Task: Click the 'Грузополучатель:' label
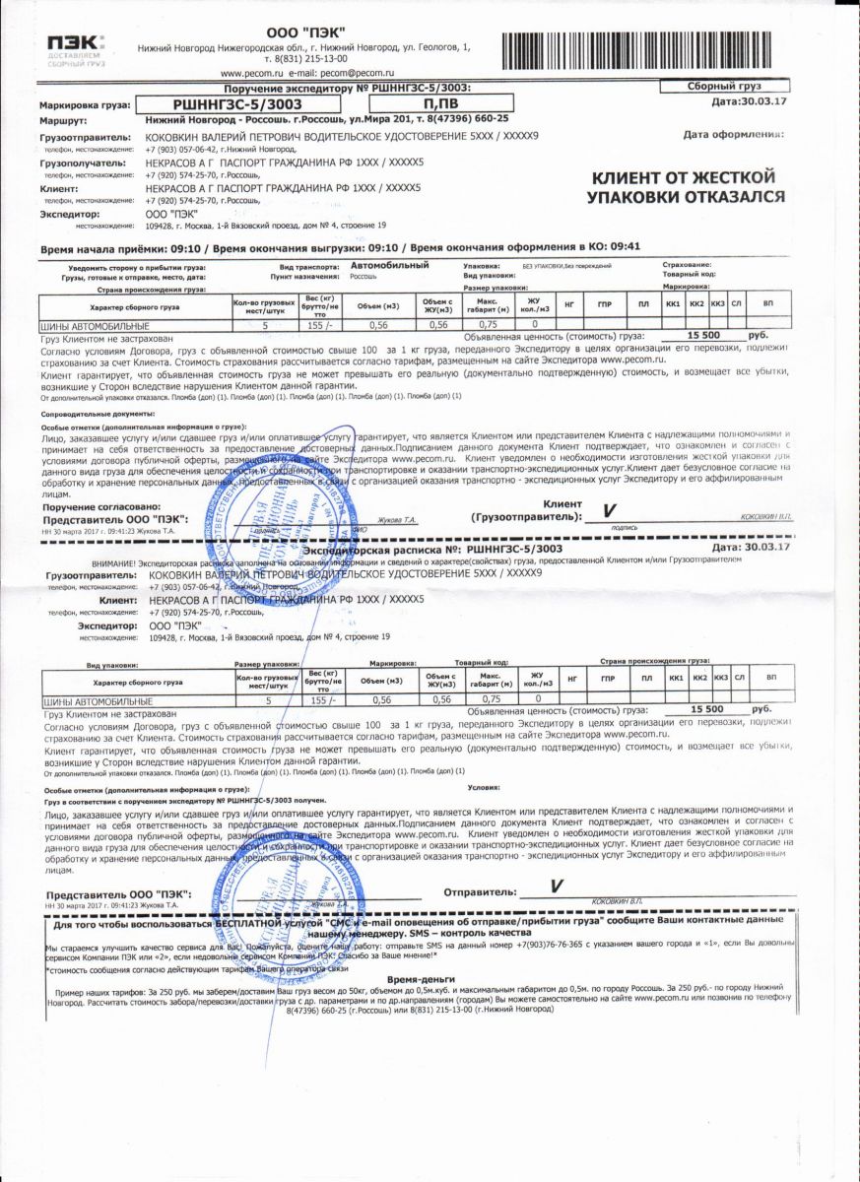83,163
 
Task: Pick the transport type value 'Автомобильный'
390,266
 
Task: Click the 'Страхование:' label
687,265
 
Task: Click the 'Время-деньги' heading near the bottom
421,980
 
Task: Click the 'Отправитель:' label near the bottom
480,892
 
